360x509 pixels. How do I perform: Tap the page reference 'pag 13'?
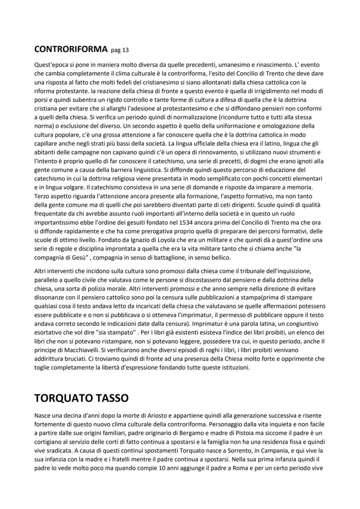tap(120, 50)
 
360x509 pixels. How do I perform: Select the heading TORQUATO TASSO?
tap(81, 398)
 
